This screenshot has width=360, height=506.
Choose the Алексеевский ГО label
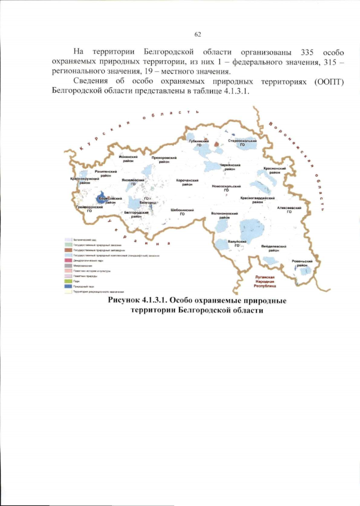click(x=289, y=210)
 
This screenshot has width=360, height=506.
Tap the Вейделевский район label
click(x=274, y=249)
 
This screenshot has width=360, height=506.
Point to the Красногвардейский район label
click(x=258, y=200)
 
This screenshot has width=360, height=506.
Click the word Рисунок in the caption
click(x=128, y=301)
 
